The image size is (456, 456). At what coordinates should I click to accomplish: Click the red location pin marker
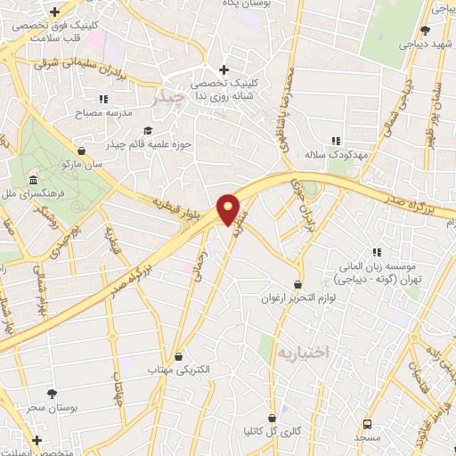229,209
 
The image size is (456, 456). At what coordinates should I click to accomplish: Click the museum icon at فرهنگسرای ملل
33,180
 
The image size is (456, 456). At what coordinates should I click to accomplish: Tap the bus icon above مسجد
367,424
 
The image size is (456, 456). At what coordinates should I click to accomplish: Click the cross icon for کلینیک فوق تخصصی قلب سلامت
55,12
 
